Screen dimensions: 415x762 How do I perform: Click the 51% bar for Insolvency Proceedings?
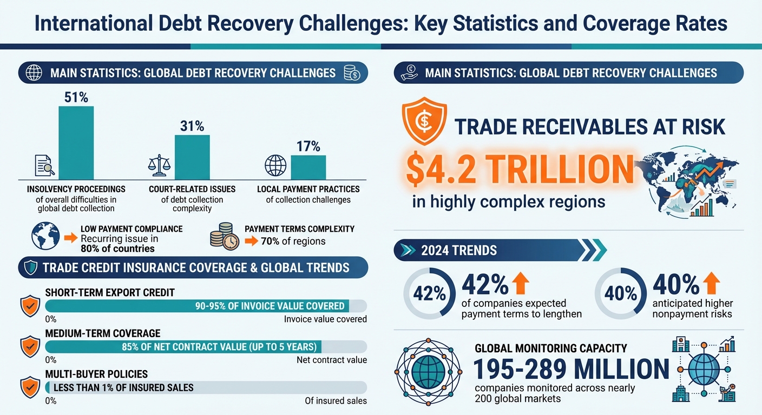76,143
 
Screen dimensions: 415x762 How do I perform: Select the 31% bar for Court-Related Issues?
192,157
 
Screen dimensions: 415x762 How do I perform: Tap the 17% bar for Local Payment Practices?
308,167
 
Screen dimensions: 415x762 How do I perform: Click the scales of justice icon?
159,165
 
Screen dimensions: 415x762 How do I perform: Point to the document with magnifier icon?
44,165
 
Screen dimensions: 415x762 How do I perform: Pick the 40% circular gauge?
621,294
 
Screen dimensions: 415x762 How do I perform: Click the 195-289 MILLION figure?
571,370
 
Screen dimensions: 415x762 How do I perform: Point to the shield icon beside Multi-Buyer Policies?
29,387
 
